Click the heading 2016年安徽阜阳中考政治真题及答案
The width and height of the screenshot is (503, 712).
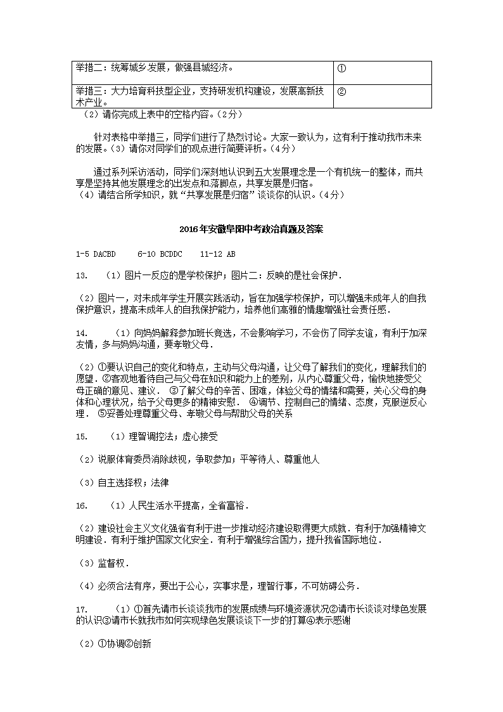point(251,229)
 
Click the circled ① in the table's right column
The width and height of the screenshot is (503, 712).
point(341,68)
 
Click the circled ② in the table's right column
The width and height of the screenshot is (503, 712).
point(341,91)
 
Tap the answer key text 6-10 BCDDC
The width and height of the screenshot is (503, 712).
point(159,254)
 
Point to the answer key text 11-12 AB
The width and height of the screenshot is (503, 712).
point(217,254)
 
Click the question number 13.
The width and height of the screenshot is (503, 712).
point(80,276)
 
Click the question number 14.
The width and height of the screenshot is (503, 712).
point(80,333)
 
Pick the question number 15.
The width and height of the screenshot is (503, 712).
point(80,436)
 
